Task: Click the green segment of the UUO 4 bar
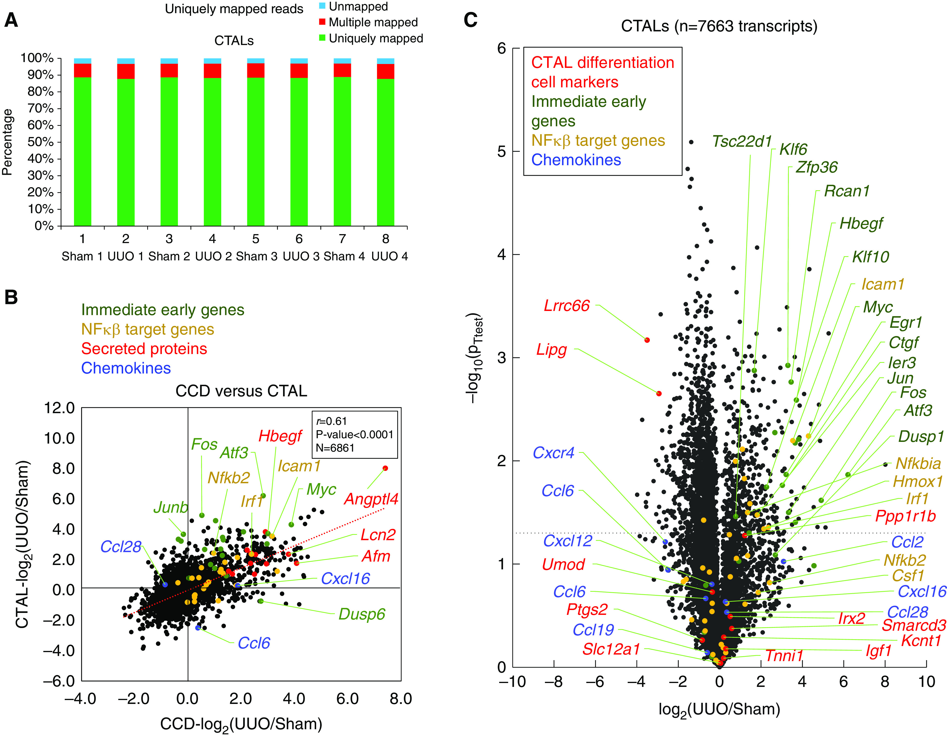pos(386,152)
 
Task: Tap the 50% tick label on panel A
pos(40,142)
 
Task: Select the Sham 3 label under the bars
pos(256,256)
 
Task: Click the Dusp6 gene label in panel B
pos(362,614)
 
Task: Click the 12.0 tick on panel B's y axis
pos(59,408)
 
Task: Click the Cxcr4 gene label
pos(553,453)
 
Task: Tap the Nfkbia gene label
pos(918,464)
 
